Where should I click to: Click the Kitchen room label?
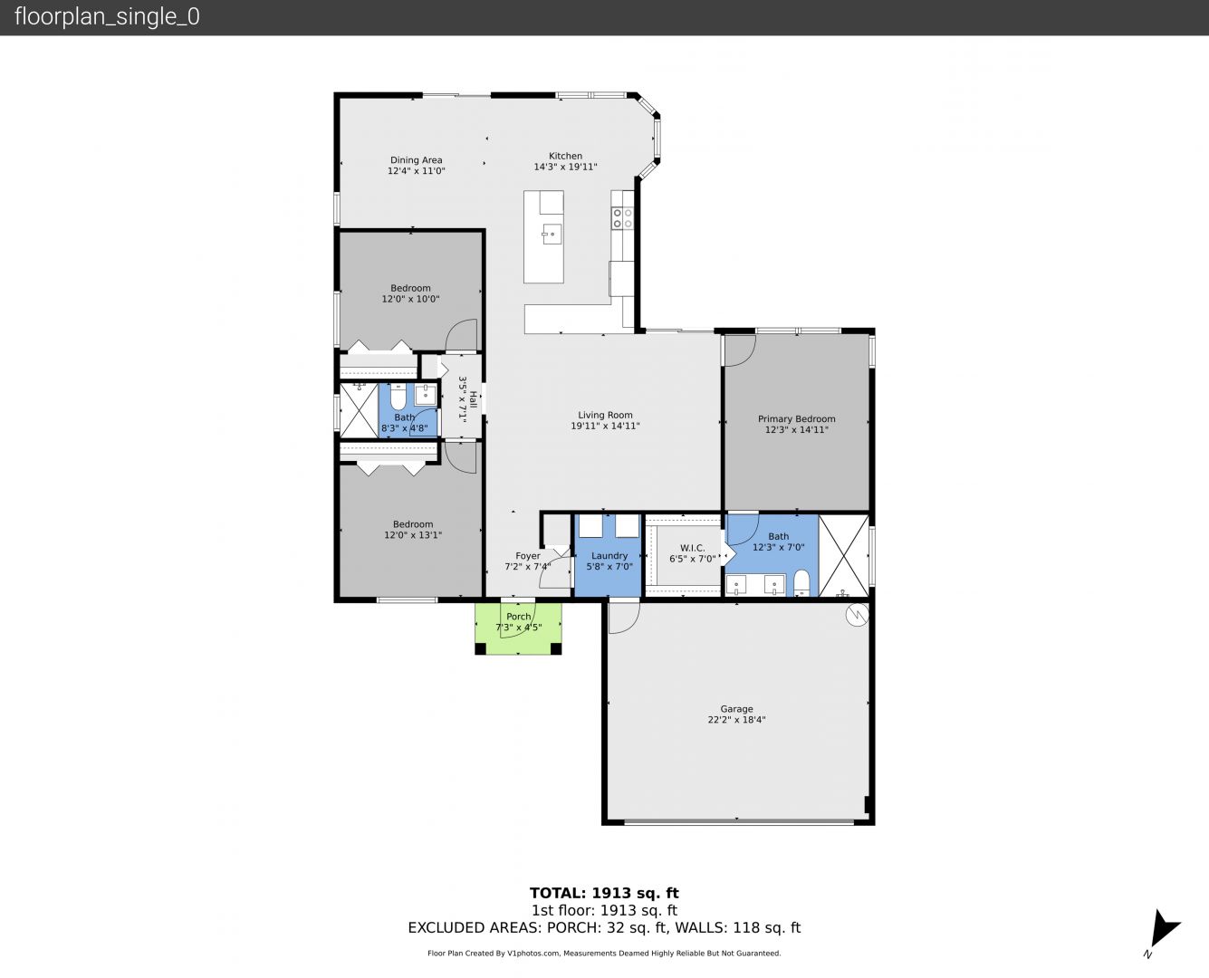565,156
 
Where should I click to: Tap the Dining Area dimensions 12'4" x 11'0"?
416,171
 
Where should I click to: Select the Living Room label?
605,415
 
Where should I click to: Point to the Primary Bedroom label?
796,419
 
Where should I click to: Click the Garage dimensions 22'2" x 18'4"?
737,720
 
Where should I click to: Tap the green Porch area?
518,628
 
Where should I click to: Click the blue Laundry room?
609,555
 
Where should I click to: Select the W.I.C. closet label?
692,548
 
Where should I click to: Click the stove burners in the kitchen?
623,218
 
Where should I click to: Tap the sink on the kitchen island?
552,234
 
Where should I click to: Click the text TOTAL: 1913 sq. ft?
604,894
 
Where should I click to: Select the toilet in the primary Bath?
801,583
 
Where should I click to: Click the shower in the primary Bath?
843,555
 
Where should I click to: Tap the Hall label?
474,399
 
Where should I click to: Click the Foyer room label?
528,556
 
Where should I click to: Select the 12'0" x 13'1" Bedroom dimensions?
413,534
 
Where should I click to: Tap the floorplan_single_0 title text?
107,17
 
